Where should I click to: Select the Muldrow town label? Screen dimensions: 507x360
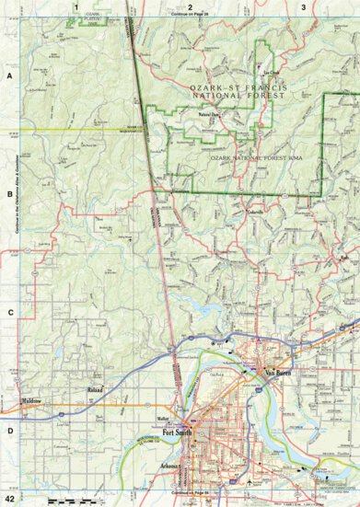click(x=34, y=401)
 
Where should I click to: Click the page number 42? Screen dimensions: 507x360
click(x=9, y=499)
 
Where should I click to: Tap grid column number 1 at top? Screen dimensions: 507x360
click(x=75, y=6)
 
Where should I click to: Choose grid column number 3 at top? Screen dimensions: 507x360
click(x=304, y=6)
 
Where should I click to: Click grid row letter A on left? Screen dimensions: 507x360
click(x=8, y=77)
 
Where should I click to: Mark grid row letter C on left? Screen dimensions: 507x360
click(x=8, y=312)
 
